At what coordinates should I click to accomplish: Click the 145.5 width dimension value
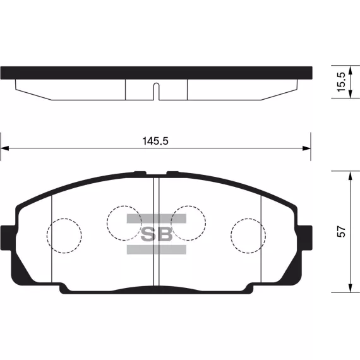[x=155, y=141]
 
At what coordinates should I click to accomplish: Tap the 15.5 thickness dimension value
[x=341, y=82]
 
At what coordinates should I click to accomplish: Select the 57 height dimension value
[x=341, y=232]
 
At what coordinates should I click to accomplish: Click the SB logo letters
[x=157, y=234]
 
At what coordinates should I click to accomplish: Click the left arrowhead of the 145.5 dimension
[x=4, y=148]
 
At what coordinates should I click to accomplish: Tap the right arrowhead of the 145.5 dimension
[x=307, y=148]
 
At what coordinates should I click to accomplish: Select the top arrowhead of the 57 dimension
[x=350, y=176]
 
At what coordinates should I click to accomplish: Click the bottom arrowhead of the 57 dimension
[x=350, y=288]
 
